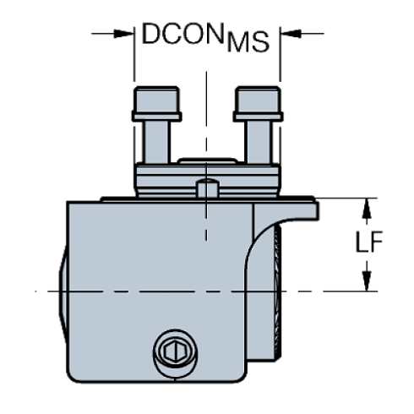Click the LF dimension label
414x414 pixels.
click(368, 245)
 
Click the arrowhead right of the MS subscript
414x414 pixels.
click(287, 35)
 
